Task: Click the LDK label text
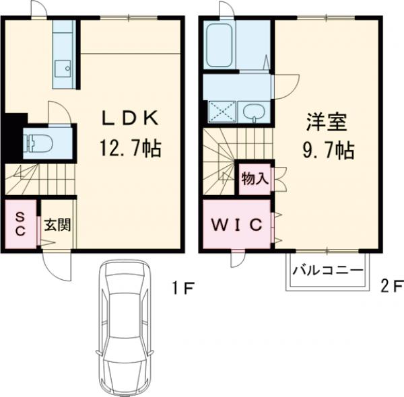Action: [130, 118]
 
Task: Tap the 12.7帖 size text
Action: [131, 149]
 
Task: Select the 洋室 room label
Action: [327, 122]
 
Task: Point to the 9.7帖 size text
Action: [329, 150]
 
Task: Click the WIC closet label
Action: [237, 225]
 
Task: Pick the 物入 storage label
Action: [255, 178]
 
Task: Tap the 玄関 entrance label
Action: [57, 225]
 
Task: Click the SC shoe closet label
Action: [20, 224]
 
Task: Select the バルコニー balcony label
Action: [328, 270]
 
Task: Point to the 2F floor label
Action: [392, 286]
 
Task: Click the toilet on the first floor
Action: [38, 143]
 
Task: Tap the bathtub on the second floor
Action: [220, 45]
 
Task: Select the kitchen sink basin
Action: [63, 69]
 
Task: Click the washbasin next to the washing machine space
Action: [254, 112]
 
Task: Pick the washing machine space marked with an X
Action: [222, 112]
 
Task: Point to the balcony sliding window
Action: [327, 250]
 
